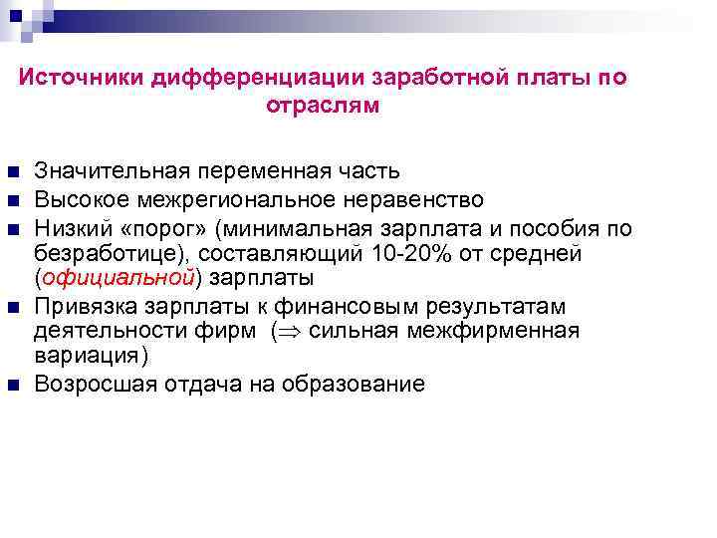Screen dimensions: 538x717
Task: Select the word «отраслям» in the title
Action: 324,106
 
